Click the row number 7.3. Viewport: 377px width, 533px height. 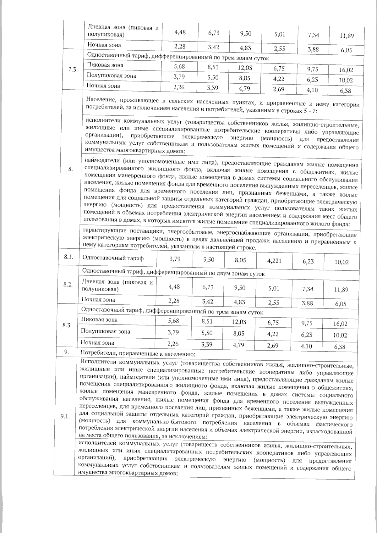(73, 70)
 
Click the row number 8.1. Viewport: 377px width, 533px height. (68, 257)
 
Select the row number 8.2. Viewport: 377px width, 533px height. (68, 285)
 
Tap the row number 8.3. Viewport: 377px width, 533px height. (67, 325)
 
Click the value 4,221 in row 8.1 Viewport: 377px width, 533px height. (274, 261)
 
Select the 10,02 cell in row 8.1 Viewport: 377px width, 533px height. (341, 262)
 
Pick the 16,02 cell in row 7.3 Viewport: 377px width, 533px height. (346, 70)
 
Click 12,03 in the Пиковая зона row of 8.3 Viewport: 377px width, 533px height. (239, 322)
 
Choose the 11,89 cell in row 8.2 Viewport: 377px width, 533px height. (341, 289)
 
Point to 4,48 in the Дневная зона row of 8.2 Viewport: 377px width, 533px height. (174, 286)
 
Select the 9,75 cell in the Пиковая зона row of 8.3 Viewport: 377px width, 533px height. (307, 323)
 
